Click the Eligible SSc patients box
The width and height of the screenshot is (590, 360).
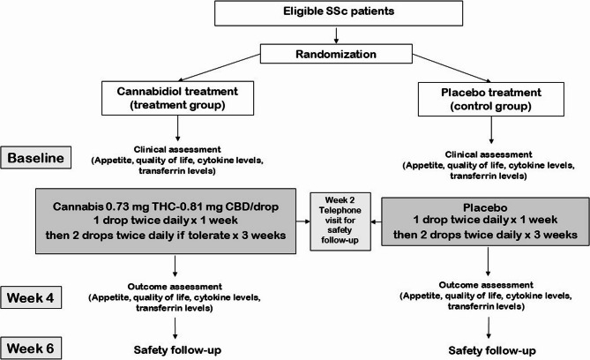click(x=339, y=13)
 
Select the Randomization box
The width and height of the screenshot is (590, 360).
click(x=336, y=54)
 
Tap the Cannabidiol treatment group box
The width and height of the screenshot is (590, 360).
click(x=177, y=98)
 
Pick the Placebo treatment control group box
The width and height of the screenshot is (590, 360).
click(x=491, y=99)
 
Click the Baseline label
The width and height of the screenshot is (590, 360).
click(x=36, y=157)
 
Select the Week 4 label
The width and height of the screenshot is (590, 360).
click(x=31, y=297)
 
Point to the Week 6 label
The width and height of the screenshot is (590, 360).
click(x=31, y=348)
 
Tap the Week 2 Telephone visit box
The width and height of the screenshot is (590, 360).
click(x=340, y=221)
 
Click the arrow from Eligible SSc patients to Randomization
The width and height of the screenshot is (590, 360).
click(x=336, y=35)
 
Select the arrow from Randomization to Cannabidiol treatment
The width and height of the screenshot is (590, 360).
click(x=219, y=67)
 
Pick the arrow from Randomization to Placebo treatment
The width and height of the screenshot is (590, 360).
click(x=452, y=68)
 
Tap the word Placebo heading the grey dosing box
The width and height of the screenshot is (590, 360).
click(x=485, y=207)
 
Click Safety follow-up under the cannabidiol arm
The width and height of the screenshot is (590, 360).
click(x=177, y=350)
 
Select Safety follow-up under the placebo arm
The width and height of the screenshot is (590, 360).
click(x=492, y=351)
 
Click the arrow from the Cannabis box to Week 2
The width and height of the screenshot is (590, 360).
click(x=302, y=221)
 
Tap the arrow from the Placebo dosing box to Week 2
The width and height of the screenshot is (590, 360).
click(x=377, y=221)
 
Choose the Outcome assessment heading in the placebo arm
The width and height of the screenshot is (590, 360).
click(x=486, y=285)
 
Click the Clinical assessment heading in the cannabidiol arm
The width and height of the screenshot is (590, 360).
click(x=177, y=149)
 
